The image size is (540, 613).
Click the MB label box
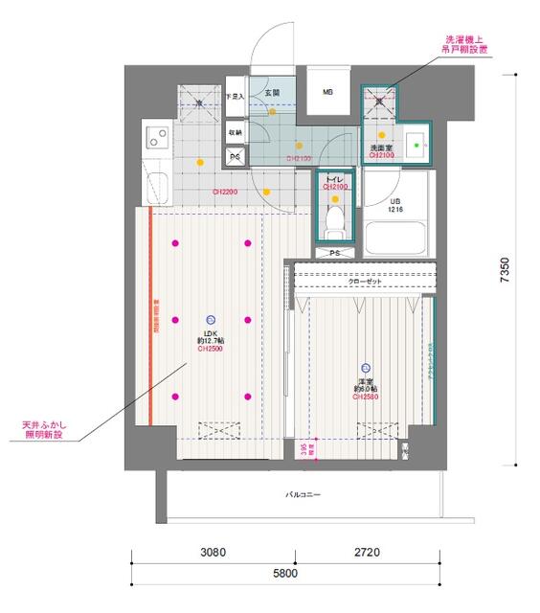[327, 92]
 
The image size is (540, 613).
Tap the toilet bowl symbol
[334, 219]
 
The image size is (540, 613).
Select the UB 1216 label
[394, 205]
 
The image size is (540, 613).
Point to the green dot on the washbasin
[417, 149]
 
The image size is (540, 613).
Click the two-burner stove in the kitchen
[154, 140]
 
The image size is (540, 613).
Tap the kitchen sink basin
[157, 186]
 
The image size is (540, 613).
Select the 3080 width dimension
[213, 553]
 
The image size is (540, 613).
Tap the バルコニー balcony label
[303, 495]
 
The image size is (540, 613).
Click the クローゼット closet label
[363, 281]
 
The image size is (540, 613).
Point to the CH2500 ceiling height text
[211, 350]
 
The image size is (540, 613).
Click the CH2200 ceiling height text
[226, 192]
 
